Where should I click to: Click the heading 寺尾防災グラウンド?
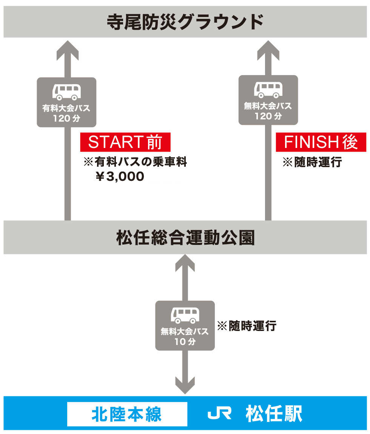pyautogui.click(x=185, y=22)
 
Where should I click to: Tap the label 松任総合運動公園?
pyautogui.click(x=185, y=238)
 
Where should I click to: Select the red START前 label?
pyautogui.click(x=125, y=142)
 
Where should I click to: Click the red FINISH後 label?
pyautogui.click(x=321, y=142)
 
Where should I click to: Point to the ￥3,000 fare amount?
pyautogui.click(x=120, y=177)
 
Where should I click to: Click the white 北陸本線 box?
pyautogui.click(x=127, y=414)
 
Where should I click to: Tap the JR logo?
pyautogui.click(x=219, y=414)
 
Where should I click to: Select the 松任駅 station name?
pyautogui.click(x=274, y=414)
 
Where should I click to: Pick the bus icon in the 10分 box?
pyautogui.click(x=185, y=315)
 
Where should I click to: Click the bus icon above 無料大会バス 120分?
pyautogui.click(x=268, y=90)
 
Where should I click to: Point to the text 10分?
pyautogui.click(x=185, y=342)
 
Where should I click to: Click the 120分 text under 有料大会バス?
pyautogui.click(x=66, y=118)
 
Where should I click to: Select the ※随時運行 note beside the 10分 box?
pyautogui.click(x=247, y=325)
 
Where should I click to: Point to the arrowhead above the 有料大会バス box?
pyautogui.click(x=68, y=51)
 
